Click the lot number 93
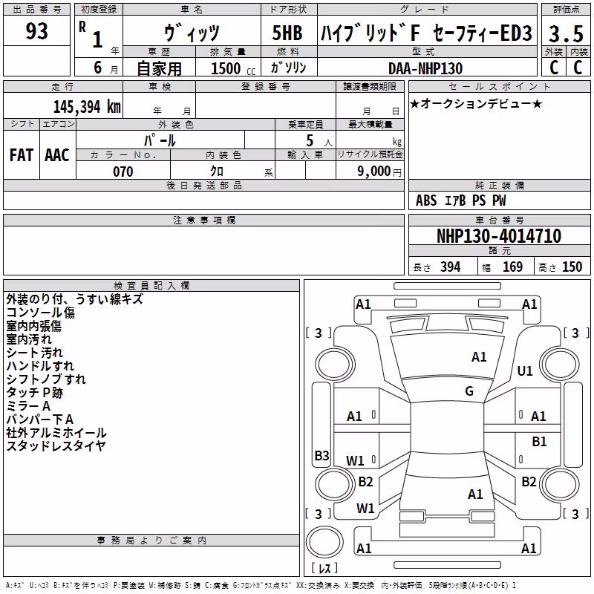[x=36, y=31]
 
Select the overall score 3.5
[x=566, y=33]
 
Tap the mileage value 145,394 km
[x=87, y=107]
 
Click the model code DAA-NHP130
[x=425, y=68]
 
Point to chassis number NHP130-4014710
[x=498, y=236]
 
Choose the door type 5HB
[x=287, y=33]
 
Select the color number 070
[x=123, y=172]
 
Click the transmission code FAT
[x=22, y=155]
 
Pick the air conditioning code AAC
[x=57, y=155]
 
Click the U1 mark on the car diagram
[x=525, y=371]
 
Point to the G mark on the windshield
[x=469, y=391]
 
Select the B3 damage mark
[x=322, y=455]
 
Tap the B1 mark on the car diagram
[x=539, y=441]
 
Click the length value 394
[x=450, y=267]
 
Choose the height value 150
[x=572, y=267]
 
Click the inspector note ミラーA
[x=28, y=405]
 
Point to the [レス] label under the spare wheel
[x=324, y=567]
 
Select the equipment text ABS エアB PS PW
[x=460, y=200]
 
